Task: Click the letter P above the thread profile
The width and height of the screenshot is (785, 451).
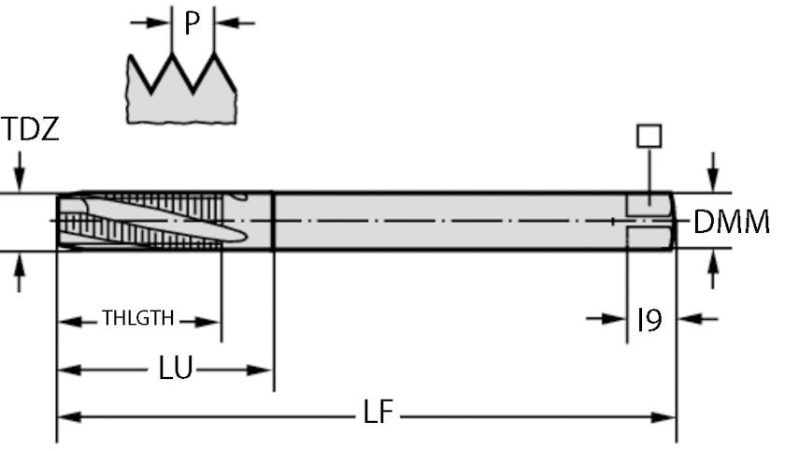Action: pyautogui.click(x=193, y=22)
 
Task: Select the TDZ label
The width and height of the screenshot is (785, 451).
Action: pyautogui.click(x=30, y=129)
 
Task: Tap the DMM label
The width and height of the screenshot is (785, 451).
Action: pyautogui.click(x=732, y=223)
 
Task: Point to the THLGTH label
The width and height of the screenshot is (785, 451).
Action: pyautogui.click(x=138, y=318)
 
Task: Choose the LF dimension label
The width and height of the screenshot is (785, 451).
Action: pyautogui.click(x=379, y=414)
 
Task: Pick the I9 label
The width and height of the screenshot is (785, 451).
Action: pyautogui.click(x=649, y=320)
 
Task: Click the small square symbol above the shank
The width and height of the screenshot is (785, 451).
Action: pyautogui.click(x=649, y=136)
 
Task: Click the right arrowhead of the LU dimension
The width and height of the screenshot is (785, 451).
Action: pyautogui.click(x=263, y=371)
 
